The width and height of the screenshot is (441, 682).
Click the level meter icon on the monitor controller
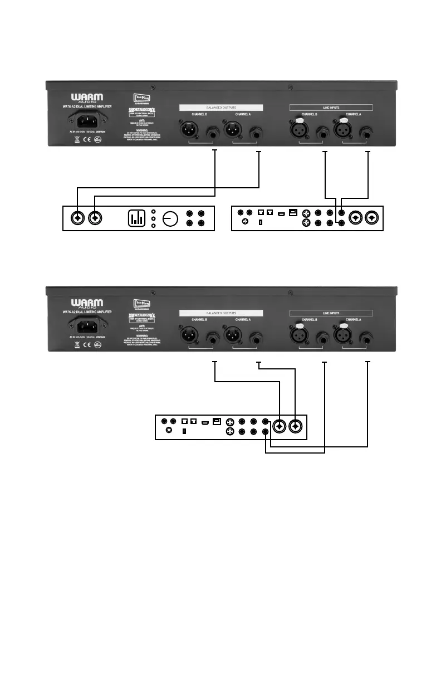[x=136, y=218]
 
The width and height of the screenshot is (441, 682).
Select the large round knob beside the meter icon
[x=169, y=218]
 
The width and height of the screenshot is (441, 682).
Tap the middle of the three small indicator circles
[x=153, y=218]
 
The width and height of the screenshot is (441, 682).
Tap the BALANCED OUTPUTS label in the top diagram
[x=220, y=106]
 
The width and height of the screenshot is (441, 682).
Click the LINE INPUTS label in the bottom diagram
[x=331, y=314]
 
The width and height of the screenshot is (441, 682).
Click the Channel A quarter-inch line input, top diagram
[x=367, y=132]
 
